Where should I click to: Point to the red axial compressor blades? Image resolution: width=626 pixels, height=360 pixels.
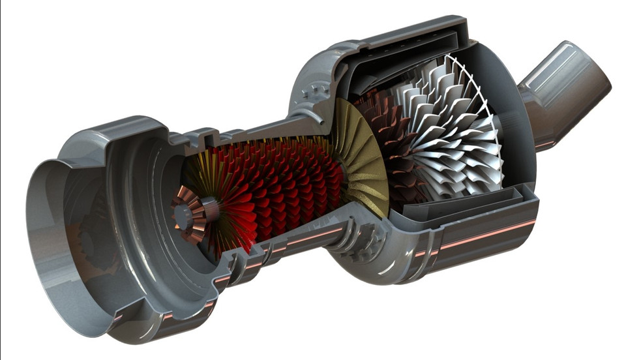pos(287,189)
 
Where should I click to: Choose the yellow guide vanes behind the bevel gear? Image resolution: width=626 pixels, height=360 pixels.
pos(196,176)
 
